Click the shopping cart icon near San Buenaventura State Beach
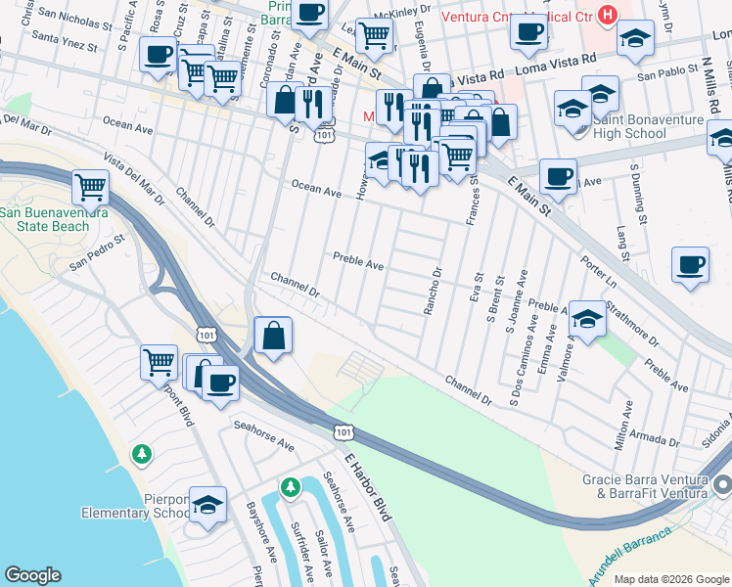pos(90,185)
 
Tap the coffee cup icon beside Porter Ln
pos(690,265)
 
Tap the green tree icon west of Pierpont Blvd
pos(143,454)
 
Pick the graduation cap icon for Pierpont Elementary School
pos(207,506)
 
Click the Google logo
pos(33,575)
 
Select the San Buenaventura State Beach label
pos(58,219)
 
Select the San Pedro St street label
pos(98,251)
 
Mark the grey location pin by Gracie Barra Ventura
pos(721,485)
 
